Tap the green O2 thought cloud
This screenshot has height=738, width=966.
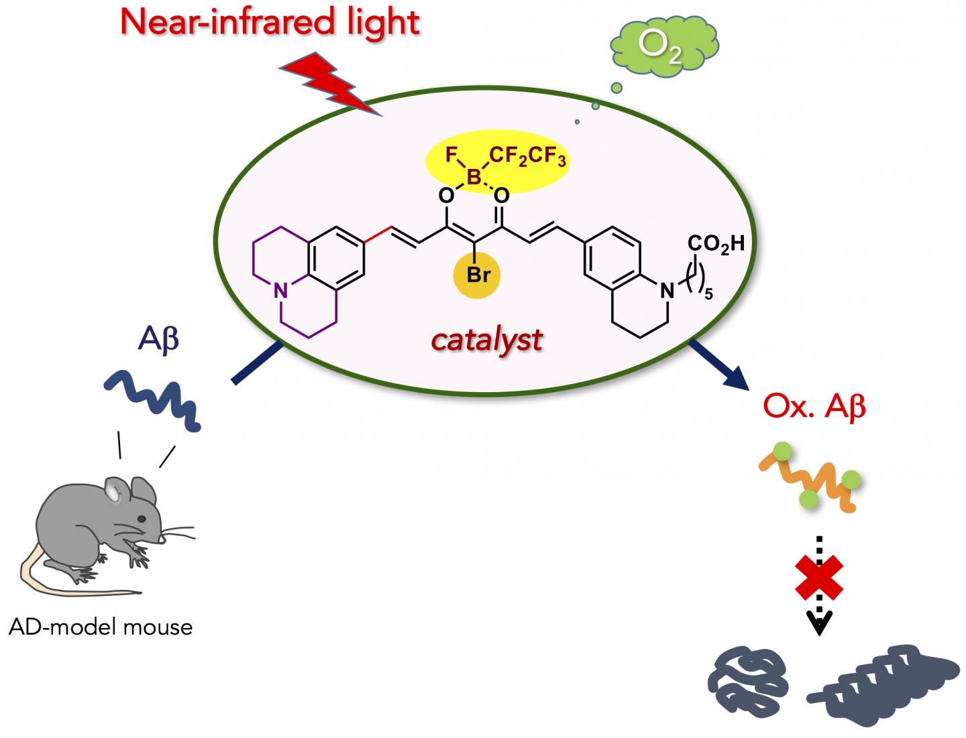pos(663,46)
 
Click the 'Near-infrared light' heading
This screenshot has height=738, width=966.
pos(270,22)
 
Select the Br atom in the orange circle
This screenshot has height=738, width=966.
pos(478,275)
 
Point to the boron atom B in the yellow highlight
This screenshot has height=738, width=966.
pos(474,177)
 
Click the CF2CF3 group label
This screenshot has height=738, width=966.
pos(527,157)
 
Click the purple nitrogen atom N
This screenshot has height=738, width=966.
pos(281,290)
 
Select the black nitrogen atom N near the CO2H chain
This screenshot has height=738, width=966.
pos(666,290)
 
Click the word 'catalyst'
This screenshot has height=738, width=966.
pos(486,340)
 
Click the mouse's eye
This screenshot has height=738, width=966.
pos(142,519)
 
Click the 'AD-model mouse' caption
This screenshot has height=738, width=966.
pos(101,627)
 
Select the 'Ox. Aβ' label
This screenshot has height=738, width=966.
pos(814,407)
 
